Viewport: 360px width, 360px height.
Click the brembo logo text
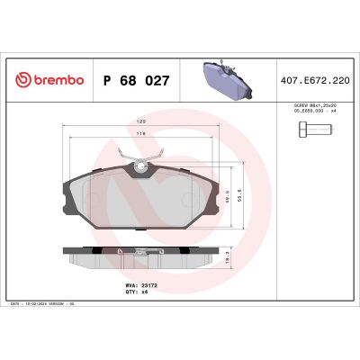(56, 80)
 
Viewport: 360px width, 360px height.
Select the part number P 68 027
(137, 80)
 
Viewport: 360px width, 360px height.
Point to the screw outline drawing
(310, 132)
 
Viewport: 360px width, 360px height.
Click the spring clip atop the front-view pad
(140, 161)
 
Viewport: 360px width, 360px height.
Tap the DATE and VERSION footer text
(45, 304)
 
